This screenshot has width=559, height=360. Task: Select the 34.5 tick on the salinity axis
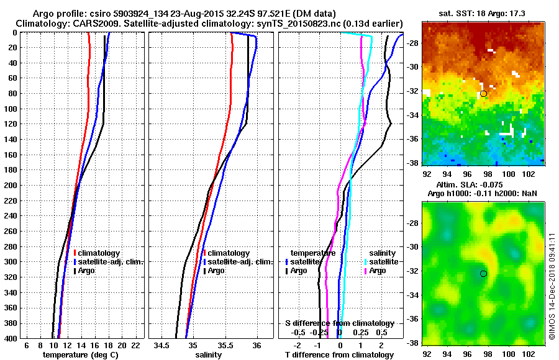pyautogui.click(x=163, y=345)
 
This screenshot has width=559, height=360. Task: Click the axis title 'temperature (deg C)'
pyautogui.click(x=80, y=355)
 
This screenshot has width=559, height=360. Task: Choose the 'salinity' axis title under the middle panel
pyautogui.click(x=208, y=355)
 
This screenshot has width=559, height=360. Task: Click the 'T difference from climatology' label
pyautogui.click(x=340, y=355)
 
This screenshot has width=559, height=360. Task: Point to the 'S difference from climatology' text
pyautogui.click(x=340, y=323)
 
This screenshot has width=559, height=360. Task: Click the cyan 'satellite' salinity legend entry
pyautogui.click(x=381, y=262)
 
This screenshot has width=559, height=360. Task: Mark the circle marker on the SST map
pyautogui.click(x=483, y=94)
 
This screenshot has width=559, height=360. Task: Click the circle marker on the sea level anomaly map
pyautogui.click(x=483, y=273)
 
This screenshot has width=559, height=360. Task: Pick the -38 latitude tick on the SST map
pyautogui.click(x=413, y=163)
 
